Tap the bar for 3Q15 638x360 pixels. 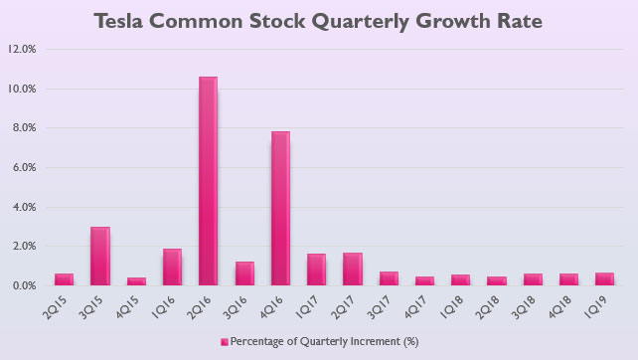point(99,256)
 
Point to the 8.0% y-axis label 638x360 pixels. point(24,128)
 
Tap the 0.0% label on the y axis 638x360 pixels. point(24,286)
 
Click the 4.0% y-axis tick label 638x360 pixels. point(24,207)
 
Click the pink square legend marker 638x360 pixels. point(224,341)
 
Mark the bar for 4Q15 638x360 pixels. point(135,281)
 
